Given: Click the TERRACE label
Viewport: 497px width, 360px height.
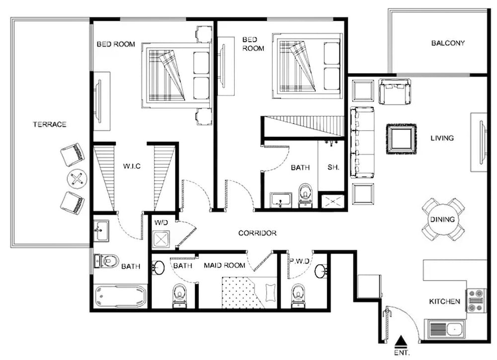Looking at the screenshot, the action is point(50,124).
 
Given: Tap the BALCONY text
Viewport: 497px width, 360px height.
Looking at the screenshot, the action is point(448,43).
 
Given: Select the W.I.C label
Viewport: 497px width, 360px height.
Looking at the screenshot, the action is point(132,166).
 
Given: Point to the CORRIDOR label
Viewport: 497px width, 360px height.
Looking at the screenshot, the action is point(257,233).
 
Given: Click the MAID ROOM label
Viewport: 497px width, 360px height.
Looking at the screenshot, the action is point(225,265).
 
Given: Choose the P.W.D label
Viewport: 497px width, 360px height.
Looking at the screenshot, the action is point(300,261).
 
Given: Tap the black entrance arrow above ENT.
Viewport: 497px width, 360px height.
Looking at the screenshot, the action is point(402,341).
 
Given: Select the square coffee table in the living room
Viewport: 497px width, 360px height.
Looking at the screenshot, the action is point(401,139).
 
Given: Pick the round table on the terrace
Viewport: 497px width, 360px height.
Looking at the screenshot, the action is point(77,179).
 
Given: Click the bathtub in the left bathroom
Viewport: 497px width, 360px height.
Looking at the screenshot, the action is point(121,296).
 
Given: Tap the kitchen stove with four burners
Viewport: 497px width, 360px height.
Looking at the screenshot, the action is point(476,300).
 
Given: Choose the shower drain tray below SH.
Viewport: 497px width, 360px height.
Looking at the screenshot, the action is point(331,200).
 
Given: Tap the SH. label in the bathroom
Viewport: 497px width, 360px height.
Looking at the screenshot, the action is point(333,167).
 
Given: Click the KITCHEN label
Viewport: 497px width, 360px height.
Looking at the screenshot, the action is point(444,301).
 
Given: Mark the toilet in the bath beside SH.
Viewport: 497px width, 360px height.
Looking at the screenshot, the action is point(305,194).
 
